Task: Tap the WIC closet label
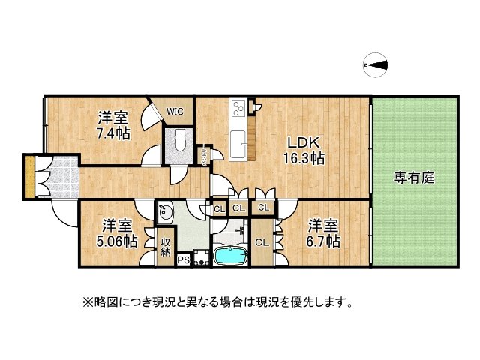click(175, 112)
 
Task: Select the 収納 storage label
click(166, 247)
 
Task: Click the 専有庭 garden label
click(415, 178)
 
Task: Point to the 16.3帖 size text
click(307, 158)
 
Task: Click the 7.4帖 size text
click(113, 133)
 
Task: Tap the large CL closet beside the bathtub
click(262, 242)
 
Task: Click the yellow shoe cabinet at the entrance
click(28, 177)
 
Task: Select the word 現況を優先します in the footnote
click(300, 303)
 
